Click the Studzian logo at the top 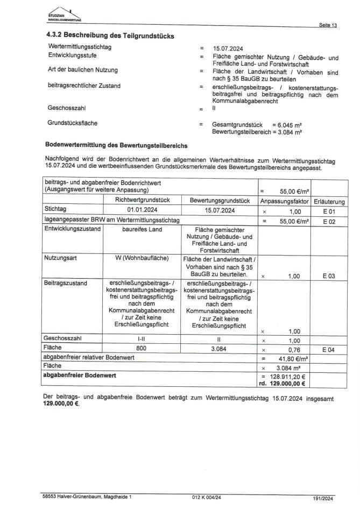(64, 15)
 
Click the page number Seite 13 (328, 25)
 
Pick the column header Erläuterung (329, 201)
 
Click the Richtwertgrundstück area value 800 (142, 349)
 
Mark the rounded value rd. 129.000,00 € (282, 384)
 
